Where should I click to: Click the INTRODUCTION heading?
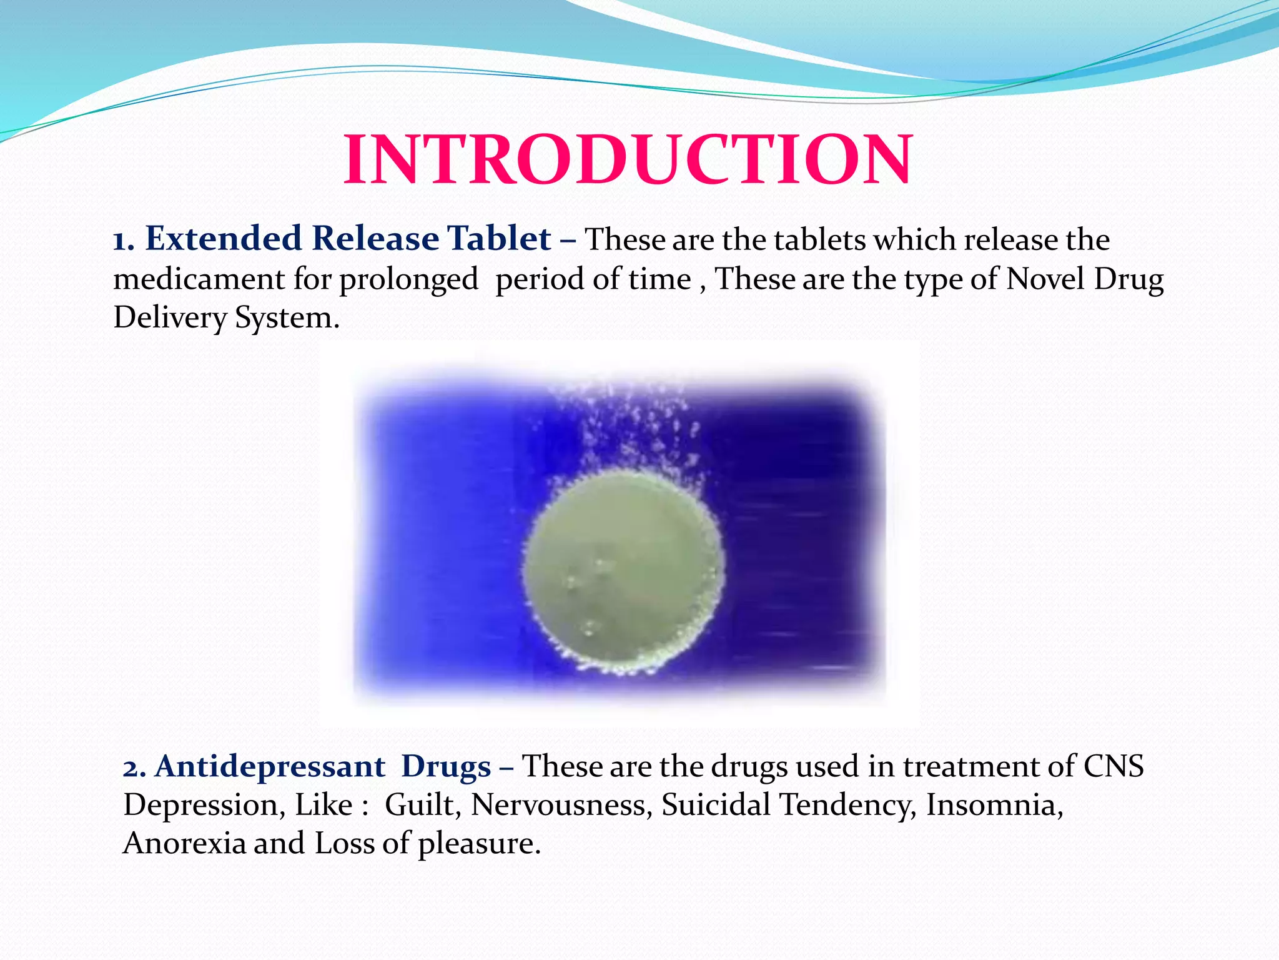tap(628, 160)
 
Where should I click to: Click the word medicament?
tap(199, 279)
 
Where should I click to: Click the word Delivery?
tap(169, 318)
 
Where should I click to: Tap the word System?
tap(287, 318)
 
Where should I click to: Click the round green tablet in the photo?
tap(623, 572)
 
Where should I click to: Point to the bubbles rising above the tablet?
tap(643, 425)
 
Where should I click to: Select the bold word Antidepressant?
tap(270, 766)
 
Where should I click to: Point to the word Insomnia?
tap(994, 805)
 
